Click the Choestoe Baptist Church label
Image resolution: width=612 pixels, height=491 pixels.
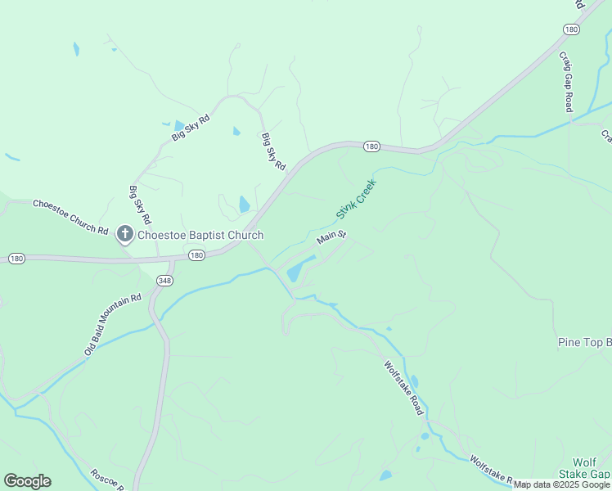point(200,236)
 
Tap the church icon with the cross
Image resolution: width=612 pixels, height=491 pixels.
point(125,236)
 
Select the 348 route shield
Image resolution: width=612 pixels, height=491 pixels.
point(166,281)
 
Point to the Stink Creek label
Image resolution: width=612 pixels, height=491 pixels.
point(356,200)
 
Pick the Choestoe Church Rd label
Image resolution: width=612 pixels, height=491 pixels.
point(70,217)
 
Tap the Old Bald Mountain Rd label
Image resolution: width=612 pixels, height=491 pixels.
point(113,325)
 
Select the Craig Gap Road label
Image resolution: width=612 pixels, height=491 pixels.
point(566,82)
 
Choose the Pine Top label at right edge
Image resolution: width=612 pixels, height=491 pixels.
point(584,341)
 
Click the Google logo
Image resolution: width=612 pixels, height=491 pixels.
point(27,481)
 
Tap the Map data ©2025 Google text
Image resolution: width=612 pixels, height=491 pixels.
point(561,484)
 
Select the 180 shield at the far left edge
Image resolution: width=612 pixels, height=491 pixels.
point(16,259)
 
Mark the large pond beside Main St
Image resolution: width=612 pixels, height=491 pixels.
point(300,268)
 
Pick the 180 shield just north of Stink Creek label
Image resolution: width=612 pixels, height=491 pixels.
point(371,146)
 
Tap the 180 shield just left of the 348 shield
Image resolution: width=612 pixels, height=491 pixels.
point(196,255)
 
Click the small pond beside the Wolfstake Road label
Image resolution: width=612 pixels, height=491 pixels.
point(414,381)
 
